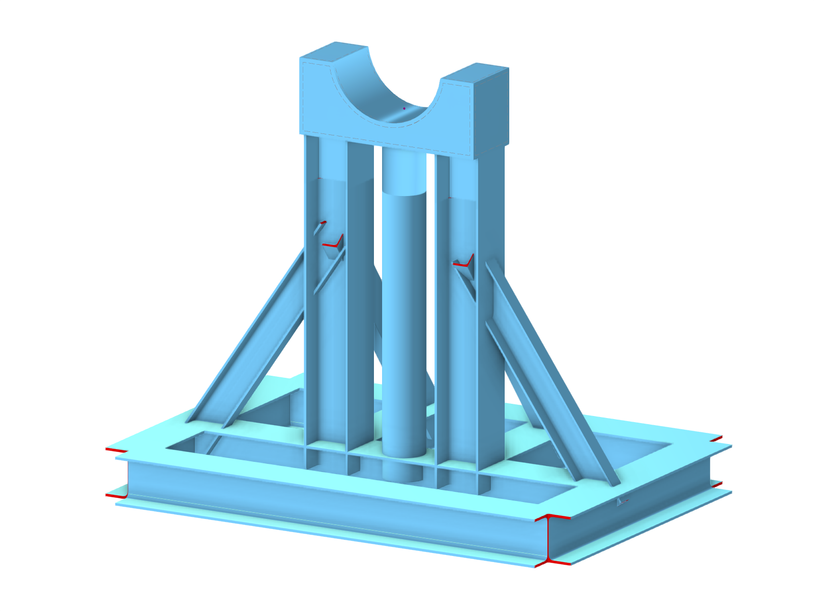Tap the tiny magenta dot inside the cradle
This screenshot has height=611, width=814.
coord(404,108)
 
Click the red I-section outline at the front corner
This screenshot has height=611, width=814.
coord(548,540)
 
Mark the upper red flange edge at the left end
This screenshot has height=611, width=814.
coord(116,450)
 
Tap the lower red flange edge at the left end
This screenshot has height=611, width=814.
coord(116,495)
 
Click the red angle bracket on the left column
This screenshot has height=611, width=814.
coord(333,243)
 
